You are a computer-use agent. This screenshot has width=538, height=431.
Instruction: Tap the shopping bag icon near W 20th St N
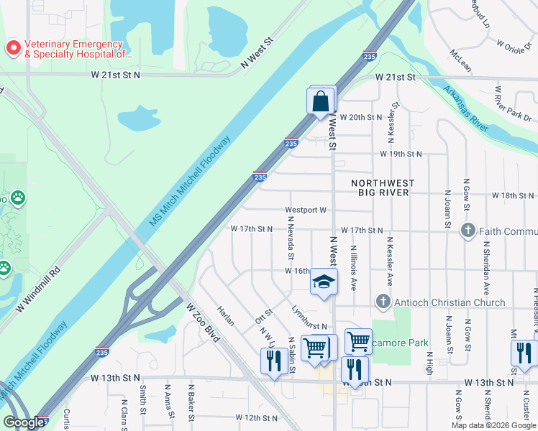click(x=322, y=101)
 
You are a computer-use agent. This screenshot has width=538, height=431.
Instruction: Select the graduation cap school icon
click(x=324, y=282)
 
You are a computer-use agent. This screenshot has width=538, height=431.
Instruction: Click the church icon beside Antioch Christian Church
click(x=383, y=302)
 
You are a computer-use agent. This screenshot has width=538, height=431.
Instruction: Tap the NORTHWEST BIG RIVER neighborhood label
click(x=380, y=188)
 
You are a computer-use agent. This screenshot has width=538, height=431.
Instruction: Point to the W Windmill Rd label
click(x=39, y=298)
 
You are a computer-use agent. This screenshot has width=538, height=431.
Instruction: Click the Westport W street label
click(x=306, y=210)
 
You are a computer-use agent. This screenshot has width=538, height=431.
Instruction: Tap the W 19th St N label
click(x=401, y=154)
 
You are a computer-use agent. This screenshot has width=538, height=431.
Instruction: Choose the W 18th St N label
click(x=514, y=195)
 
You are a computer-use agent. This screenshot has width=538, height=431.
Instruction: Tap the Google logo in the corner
click(x=24, y=423)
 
